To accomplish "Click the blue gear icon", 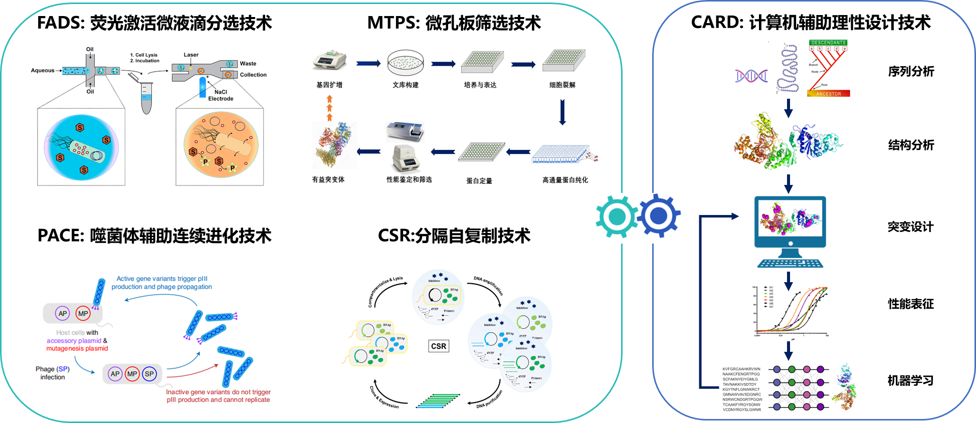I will click(x=658, y=216).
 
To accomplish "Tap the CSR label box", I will click(x=439, y=346).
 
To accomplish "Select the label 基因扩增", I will click(x=329, y=85).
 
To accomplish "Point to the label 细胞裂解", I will click(x=562, y=85).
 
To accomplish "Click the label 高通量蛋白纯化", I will click(x=565, y=180).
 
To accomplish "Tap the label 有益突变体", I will click(x=328, y=179).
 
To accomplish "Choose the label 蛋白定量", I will click(x=479, y=180).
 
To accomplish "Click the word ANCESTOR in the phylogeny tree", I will click(x=828, y=94).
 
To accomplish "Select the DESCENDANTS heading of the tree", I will click(x=828, y=43).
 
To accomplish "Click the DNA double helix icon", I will click(x=751, y=76).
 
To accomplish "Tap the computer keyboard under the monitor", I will click(x=791, y=263).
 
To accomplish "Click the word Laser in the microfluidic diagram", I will click(x=191, y=55).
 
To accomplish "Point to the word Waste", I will click(x=248, y=64).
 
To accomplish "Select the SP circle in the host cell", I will click(x=149, y=374).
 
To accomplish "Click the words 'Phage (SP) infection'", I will click(x=53, y=373).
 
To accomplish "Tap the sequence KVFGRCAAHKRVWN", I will click(x=741, y=369).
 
